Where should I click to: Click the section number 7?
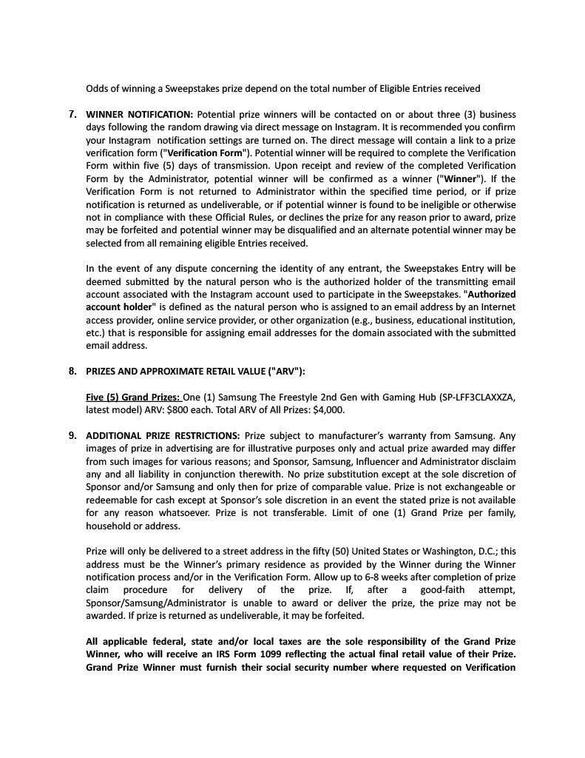pos(72,115)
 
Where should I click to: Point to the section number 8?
pos(72,371)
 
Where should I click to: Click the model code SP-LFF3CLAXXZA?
pos(458,398)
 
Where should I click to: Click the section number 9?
pos(72,435)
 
